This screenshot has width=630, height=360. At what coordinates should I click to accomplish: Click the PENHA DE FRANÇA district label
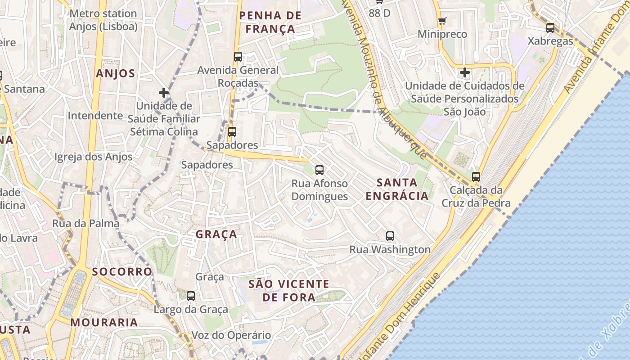pyautogui.click(x=270, y=22)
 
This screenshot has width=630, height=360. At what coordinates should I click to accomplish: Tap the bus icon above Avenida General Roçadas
pyautogui.click(x=238, y=57)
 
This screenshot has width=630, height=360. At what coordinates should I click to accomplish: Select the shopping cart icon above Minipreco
pyautogui.click(x=442, y=21)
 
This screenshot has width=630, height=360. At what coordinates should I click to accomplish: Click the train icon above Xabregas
pyautogui.click(x=550, y=28)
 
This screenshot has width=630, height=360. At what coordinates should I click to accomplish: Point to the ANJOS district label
pyautogui.click(x=115, y=74)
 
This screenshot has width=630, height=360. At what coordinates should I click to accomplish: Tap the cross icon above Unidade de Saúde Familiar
pyautogui.click(x=164, y=93)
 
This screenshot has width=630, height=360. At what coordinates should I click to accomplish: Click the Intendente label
pyautogui.click(x=95, y=116)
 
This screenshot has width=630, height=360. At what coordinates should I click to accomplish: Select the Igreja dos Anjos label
pyautogui.click(x=93, y=157)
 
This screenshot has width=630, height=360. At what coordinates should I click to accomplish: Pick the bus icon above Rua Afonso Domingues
pyautogui.click(x=319, y=170)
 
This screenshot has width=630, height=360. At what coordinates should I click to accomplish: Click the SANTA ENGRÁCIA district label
pyautogui.click(x=397, y=189)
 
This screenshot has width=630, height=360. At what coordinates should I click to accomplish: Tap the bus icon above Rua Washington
pyautogui.click(x=390, y=236)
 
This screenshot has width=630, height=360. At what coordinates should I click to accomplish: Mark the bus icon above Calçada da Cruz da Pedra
pyautogui.click(x=476, y=176)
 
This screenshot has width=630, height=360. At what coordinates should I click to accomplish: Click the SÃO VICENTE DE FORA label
pyautogui.click(x=289, y=291)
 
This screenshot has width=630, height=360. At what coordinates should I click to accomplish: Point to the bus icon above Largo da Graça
pyautogui.click(x=191, y=296)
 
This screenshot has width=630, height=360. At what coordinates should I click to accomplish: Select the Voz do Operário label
pyautogui.click(x=231, y=335)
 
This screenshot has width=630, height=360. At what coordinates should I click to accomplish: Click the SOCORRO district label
pyautogui.click(x=122, y=272)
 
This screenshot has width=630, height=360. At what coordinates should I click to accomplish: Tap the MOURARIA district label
pyautogui.click(x=104, y=322)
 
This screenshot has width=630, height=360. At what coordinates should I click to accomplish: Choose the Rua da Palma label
pyautogui.click(x=86, y=223)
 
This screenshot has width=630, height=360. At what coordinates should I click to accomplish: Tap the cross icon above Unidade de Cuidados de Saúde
pyautogui.click(x=465, y=72)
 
